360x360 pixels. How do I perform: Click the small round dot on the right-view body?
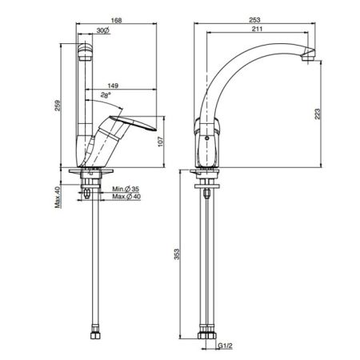pyautogui.click(x=207, y=138)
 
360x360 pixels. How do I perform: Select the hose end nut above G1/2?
pyautogui.click(x=208, y=332)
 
